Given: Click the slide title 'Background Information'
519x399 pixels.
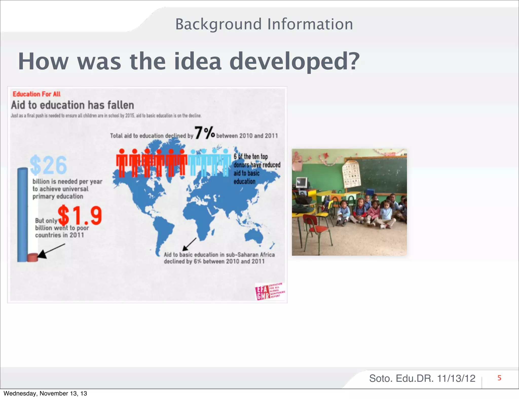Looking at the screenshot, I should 264,24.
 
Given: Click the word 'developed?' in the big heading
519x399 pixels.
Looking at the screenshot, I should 294,62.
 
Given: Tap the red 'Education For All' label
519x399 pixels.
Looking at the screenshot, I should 36,94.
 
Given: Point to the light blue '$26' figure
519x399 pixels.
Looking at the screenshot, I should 48,165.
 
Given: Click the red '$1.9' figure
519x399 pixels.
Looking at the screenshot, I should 80,215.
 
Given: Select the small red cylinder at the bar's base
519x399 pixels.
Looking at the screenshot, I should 32,257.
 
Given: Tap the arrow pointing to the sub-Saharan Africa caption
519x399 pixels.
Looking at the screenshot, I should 189,244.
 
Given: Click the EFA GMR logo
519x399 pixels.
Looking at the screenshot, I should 270,292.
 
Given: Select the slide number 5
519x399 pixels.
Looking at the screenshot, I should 499,378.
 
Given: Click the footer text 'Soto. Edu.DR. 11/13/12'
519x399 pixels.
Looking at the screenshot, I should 422,378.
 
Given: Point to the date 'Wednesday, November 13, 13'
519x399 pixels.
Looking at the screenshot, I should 45,393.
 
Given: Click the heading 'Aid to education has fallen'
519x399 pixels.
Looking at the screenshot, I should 72,105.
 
